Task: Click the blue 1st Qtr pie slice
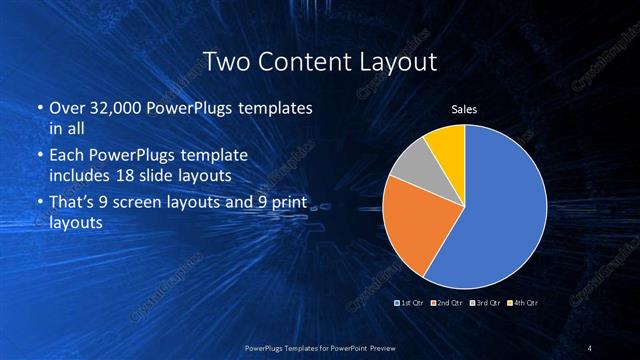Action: click(x=500, y=210)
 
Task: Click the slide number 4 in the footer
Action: click(x=590, y=347)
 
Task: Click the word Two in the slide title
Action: click(x=225, y=62)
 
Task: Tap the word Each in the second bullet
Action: click(x=66, y=155)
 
